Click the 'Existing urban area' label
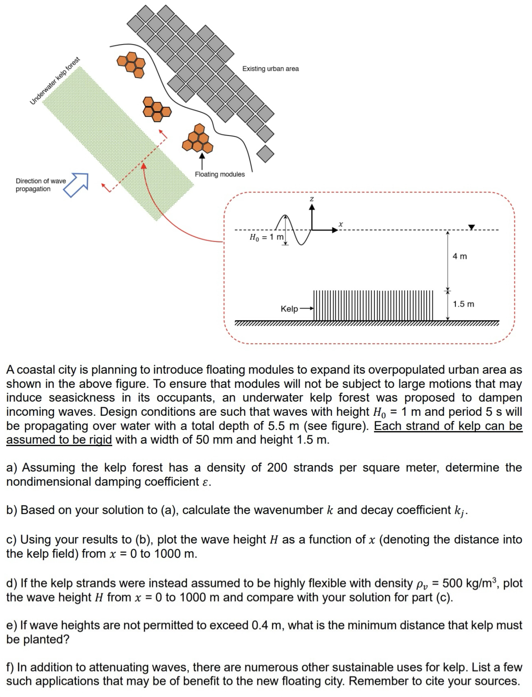(270, 69)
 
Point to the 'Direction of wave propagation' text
(41, 185)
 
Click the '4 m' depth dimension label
(459, 256)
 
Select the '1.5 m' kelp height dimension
(463, 304)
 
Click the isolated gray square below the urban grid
(265, 154)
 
